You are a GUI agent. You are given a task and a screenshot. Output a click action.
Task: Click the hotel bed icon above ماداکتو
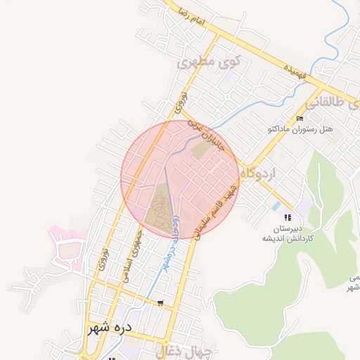pos(300,118)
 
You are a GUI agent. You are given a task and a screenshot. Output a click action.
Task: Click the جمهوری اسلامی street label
pos(134,257)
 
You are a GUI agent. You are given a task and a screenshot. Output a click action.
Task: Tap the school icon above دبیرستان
pos(287,217)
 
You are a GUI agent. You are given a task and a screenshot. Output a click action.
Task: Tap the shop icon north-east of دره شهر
pos(161,304)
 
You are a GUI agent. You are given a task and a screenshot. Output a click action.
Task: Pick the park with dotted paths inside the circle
pos(160,209)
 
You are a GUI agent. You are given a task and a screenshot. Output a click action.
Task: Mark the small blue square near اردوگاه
pos(275,207)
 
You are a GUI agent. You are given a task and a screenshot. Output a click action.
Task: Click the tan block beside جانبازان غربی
pos(202,150)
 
